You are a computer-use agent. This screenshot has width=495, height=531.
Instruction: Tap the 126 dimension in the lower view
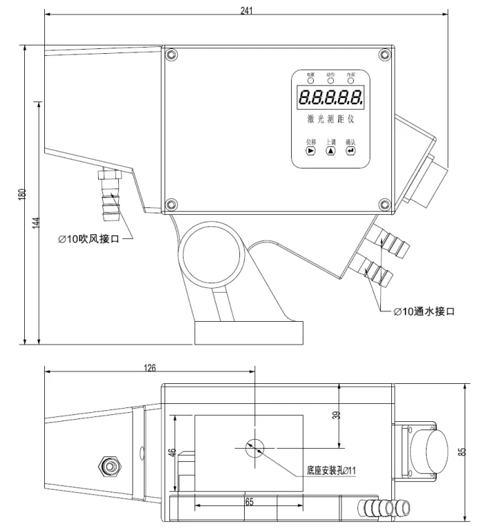[149, 368]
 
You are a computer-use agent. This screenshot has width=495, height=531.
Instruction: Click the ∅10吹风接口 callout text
[88, 239]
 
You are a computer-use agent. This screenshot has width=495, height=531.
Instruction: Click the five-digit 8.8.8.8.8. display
[331, 97]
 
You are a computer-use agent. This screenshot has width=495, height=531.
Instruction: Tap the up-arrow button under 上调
[330, 151]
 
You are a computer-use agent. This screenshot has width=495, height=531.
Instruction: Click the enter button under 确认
[351, 151]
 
